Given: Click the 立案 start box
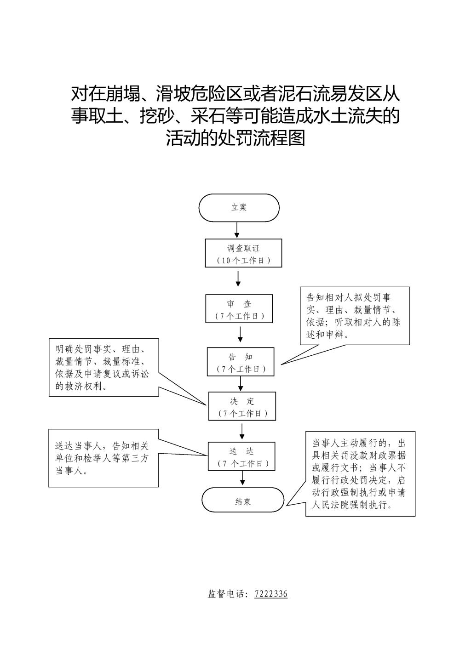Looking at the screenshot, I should (x=239, y=208).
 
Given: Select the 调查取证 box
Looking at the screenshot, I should (x=243, y=253).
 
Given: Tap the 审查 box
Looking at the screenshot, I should (x=239, y=309).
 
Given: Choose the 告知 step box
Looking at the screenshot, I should (x=241, y=362).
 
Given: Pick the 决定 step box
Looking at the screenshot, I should (x=242, y=406).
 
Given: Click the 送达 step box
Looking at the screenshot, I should (x=242, y=456).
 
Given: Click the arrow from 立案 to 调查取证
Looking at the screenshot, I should (x=237, y=230).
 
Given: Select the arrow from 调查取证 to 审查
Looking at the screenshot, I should (x=238, y=279).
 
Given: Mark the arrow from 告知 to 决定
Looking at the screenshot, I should (x=241, y=384).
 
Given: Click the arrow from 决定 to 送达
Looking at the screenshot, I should (x=242, y=431).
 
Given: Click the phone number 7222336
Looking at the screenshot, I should (x=271, y=594).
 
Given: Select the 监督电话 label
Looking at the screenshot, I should (x=228, y=594).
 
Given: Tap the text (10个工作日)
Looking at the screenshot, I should (x=243, y=260).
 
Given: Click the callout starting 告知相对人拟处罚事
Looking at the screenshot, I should (x=354, y=316).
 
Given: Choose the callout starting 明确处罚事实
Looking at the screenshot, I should (x=104, y=367).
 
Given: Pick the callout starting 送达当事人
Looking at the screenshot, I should (x=103, y=458).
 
